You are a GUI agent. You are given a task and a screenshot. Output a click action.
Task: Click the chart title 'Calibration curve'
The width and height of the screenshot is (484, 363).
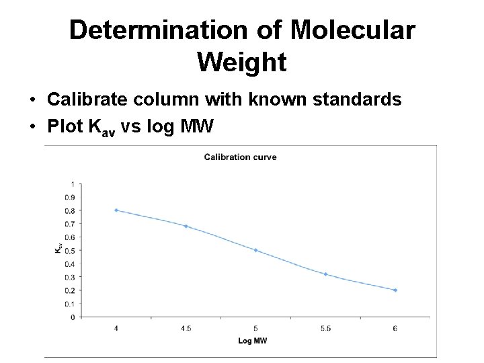click(x=240, y=157)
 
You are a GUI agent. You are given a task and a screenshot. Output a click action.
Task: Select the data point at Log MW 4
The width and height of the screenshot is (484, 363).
click(x=116, y=210)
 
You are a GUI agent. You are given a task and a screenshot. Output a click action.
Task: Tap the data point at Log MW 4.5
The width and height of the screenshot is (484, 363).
click(x=186, y=227)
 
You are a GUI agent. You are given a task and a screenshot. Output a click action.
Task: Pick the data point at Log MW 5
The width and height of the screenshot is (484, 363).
click(x=255, y=250)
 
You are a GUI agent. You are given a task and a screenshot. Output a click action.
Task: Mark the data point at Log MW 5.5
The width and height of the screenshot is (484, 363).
click(x=325, y=274)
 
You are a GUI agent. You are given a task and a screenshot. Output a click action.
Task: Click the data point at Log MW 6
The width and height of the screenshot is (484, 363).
click(x=395, y=290)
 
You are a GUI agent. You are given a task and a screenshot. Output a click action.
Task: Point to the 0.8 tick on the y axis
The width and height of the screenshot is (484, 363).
click(x=70, y=210)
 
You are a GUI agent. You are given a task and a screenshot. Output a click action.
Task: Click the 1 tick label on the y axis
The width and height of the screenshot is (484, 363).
click(x=72, y=184)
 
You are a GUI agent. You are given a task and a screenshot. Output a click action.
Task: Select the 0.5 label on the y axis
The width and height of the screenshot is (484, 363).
click(x=70, y=250)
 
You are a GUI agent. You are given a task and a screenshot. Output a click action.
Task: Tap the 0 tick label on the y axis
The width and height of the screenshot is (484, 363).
click(x=72, y=317)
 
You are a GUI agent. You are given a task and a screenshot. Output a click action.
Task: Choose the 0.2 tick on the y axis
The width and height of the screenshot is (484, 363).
click(x=70, y=290)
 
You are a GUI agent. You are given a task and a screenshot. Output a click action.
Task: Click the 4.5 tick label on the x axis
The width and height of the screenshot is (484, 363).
click(x=186, y=329)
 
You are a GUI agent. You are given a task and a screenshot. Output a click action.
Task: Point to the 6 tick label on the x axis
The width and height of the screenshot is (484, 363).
click(x=395, y=329)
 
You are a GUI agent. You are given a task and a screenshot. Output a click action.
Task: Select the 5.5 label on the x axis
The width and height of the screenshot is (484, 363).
click(x=325, y=329)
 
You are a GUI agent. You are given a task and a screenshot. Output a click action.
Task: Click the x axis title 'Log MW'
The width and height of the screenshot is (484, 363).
click(x=252, y=341)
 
